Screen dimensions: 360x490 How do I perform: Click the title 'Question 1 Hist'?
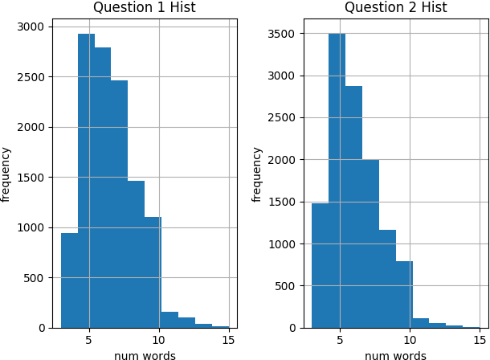tap(144, 8)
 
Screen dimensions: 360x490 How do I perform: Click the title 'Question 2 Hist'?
tap(395, 8)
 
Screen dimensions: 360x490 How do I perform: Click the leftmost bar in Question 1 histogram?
tap(69, 280)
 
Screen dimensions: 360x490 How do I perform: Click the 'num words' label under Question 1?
tap(145, 354)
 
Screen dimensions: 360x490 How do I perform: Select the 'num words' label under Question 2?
tap(395, 354)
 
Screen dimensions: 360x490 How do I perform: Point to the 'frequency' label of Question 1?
tap(6, 174)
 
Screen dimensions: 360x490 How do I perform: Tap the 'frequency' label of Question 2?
tap(257, 174)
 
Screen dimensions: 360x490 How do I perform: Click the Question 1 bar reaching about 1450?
tap(136, 254)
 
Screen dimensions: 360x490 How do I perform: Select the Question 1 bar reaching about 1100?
tap(153, 272)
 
